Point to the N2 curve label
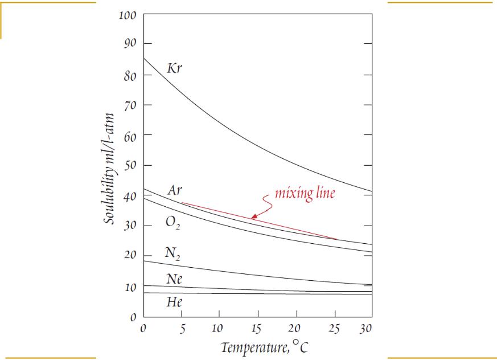click(173, 252)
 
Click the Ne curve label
click(174, 279)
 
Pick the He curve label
click(174, 302)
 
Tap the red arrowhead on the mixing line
click(254, 216)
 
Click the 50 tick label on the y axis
click(130, 165)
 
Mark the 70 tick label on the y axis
click(130, 105)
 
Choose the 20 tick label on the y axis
click(130, 255)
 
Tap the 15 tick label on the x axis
click(257, 329)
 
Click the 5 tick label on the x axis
click(182, 329)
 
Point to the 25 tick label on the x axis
click(334, 329)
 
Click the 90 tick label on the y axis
click(130, 44)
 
